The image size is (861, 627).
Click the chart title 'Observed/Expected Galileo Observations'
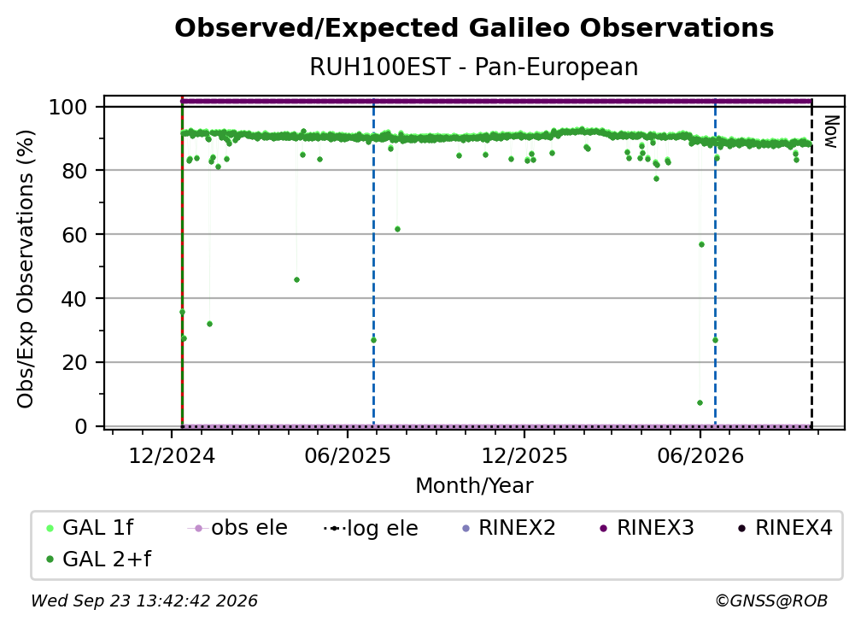474,28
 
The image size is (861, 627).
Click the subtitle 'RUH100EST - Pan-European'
474,67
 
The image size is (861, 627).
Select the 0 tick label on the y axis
80,426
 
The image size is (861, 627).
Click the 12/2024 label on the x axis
172,456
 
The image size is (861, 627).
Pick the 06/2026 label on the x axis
700,456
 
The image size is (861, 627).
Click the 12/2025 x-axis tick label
524,456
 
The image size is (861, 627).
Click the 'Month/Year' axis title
474,486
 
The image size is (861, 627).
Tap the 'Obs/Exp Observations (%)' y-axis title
26,269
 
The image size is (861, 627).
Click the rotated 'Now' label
831,132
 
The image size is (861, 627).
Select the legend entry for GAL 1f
90,528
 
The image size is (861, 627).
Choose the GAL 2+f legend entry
98,560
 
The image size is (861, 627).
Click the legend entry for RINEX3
647,528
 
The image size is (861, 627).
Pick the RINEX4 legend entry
785,528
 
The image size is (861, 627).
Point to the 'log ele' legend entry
372,529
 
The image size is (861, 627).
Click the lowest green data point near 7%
700,403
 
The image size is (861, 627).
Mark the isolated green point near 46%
296,280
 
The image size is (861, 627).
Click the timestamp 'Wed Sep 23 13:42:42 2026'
143,601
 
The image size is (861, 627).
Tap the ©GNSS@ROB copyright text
771,601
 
